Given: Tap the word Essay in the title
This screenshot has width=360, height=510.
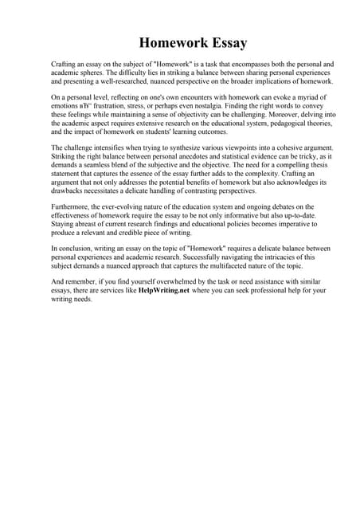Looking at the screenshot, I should click(x=224, y=42).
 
